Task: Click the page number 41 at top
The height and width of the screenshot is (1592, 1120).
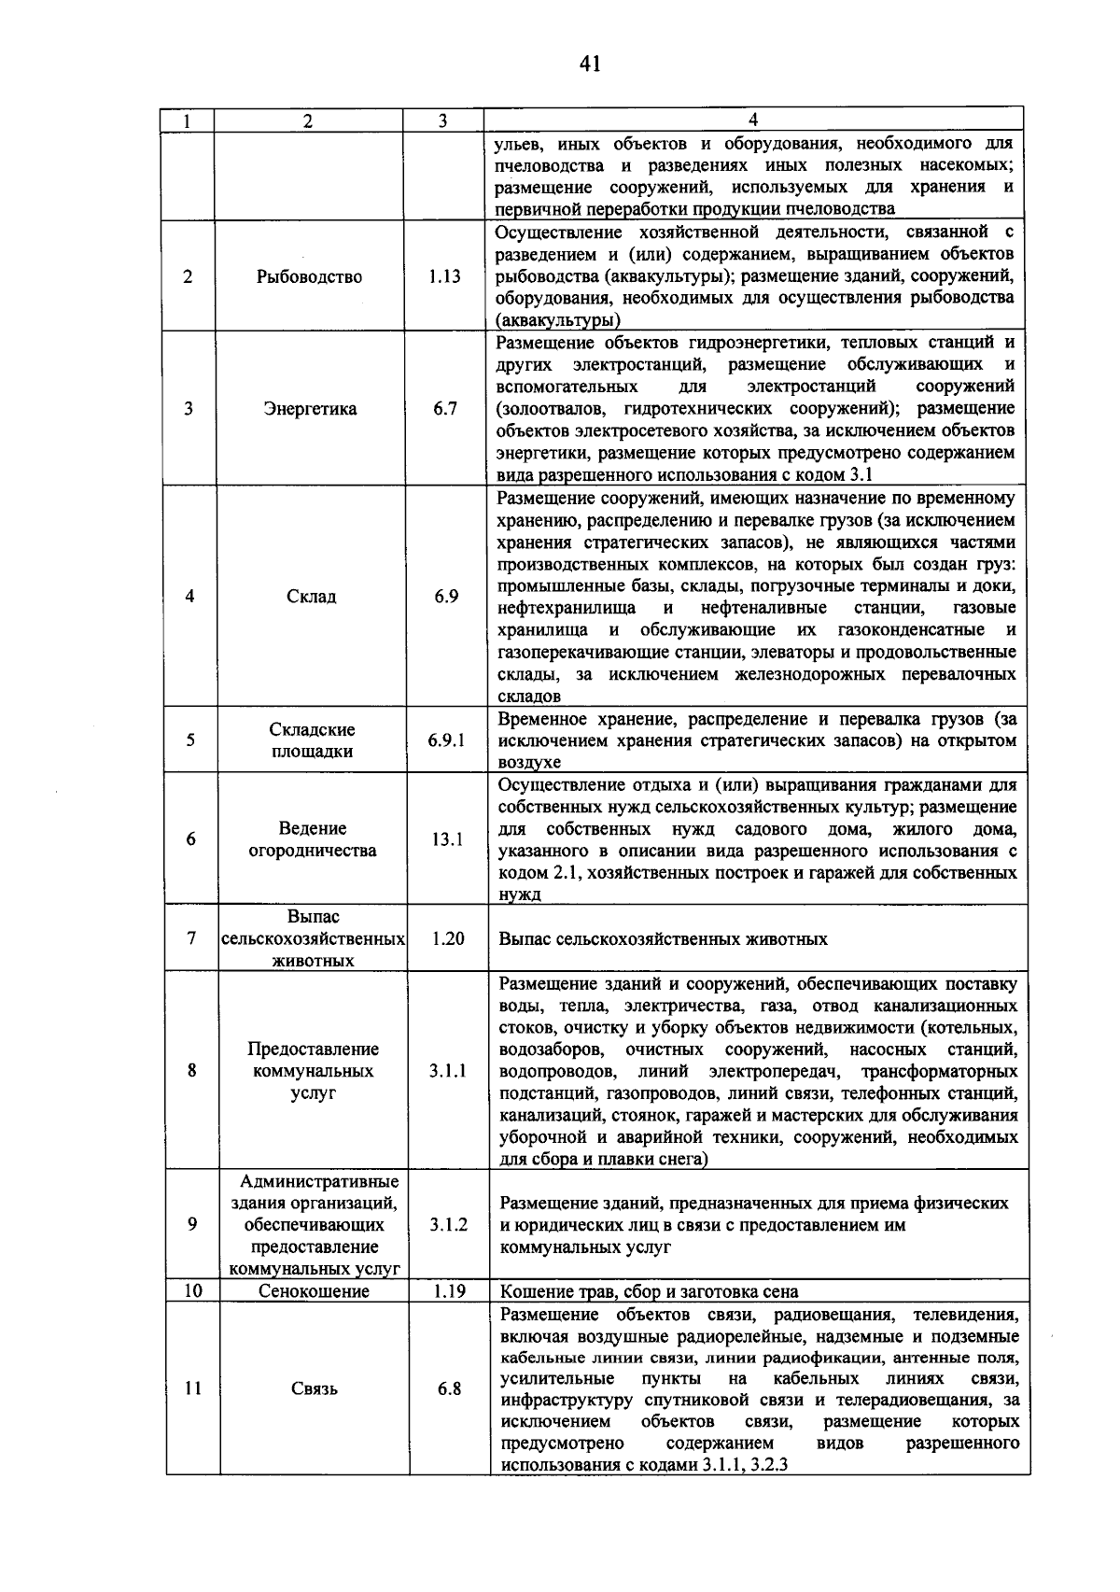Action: [589, 63]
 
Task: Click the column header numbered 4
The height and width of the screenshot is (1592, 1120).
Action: [753, 120]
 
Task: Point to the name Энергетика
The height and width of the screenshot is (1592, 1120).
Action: [310, 408]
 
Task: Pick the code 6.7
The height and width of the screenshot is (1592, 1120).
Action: [445, 408]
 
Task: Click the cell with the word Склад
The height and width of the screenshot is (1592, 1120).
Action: [311, 596]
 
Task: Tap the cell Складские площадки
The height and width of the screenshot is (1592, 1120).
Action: [312, 740]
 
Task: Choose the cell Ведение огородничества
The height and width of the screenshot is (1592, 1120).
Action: [313, 838]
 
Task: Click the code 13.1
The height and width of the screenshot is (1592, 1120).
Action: [447, 838]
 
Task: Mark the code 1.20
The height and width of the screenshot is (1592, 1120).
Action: [448, 938]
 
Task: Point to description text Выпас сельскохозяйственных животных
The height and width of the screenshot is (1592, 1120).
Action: [663, 938]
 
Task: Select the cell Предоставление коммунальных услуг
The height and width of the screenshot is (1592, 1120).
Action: [314, 1070]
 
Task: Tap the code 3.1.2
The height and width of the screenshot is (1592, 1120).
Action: [449, 1224]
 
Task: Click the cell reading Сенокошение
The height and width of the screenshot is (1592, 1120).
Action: [314, 1291]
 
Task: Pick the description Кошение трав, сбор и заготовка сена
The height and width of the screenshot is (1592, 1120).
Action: [649, 1292]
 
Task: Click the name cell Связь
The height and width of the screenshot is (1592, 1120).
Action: [315, 1388]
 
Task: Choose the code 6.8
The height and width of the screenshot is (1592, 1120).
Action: [450, 1388]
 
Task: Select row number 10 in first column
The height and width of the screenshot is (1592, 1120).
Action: [193, 1291]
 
